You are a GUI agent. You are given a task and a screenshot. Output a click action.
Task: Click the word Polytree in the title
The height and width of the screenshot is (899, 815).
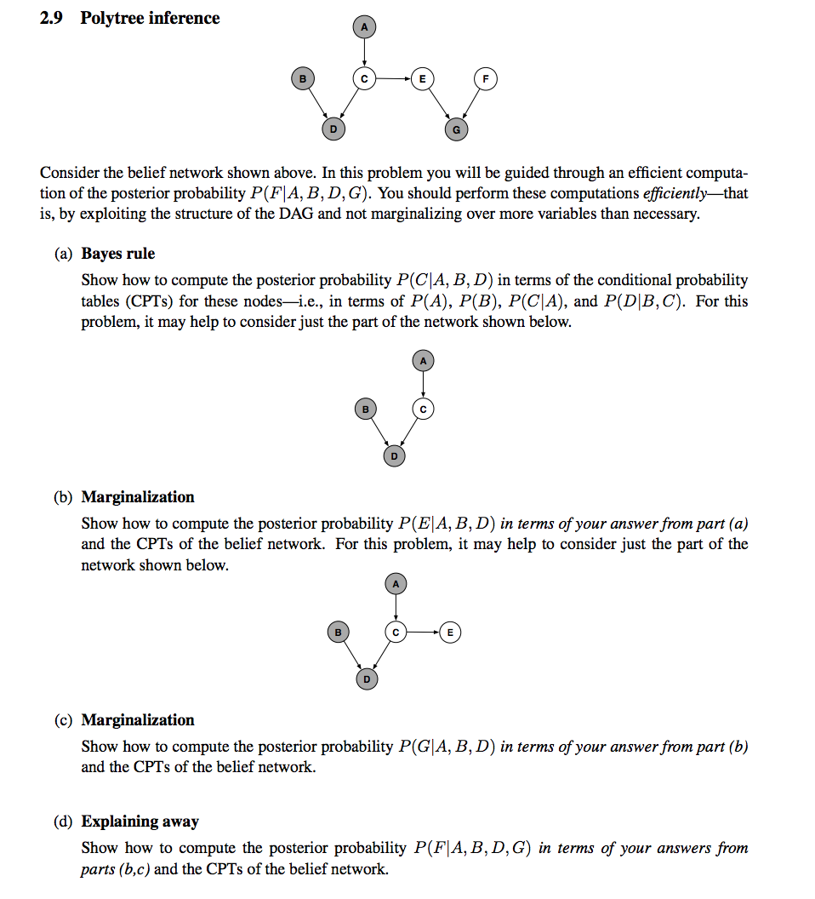112,18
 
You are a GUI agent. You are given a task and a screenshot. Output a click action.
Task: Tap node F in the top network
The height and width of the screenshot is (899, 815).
486,79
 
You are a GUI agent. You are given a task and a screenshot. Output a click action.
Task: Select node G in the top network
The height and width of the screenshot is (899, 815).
457,129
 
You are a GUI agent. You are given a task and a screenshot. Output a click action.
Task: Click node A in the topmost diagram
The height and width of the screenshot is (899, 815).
364,28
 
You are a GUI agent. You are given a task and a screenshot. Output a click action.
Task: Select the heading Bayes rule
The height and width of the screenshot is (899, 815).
118,254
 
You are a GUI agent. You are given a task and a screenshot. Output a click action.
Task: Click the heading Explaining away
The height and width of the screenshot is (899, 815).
140,822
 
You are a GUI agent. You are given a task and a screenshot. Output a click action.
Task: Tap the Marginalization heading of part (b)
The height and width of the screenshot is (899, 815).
138,497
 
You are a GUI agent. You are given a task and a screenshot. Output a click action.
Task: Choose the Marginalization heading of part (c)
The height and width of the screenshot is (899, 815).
138,720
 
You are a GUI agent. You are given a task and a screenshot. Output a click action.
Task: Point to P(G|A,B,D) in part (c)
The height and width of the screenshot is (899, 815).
447,747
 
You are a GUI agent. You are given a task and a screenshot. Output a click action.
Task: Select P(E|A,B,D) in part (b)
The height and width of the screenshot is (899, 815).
447,524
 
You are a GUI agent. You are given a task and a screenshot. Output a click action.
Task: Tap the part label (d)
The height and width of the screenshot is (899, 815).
63,822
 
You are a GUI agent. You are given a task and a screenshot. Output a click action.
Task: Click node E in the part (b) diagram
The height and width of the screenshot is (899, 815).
451,632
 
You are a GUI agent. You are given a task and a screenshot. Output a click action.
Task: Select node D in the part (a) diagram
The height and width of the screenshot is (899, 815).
393,457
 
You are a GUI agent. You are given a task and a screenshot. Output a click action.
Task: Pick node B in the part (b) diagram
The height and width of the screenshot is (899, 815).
338,632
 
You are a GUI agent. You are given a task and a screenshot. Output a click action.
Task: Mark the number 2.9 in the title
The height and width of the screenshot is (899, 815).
52,18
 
